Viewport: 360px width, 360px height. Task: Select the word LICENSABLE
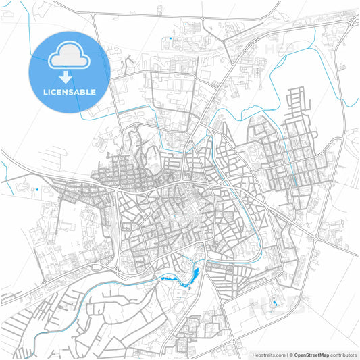(x=69, y=91)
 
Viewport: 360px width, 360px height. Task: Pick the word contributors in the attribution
(x=343, y=354)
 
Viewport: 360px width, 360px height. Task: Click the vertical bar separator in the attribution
(x=287, y=354)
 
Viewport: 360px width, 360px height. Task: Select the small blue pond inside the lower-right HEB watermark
(x=274, y=303)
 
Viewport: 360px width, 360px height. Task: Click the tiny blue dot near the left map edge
(x=36, y=190)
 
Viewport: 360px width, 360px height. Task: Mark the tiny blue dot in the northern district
(x=172, y=41)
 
